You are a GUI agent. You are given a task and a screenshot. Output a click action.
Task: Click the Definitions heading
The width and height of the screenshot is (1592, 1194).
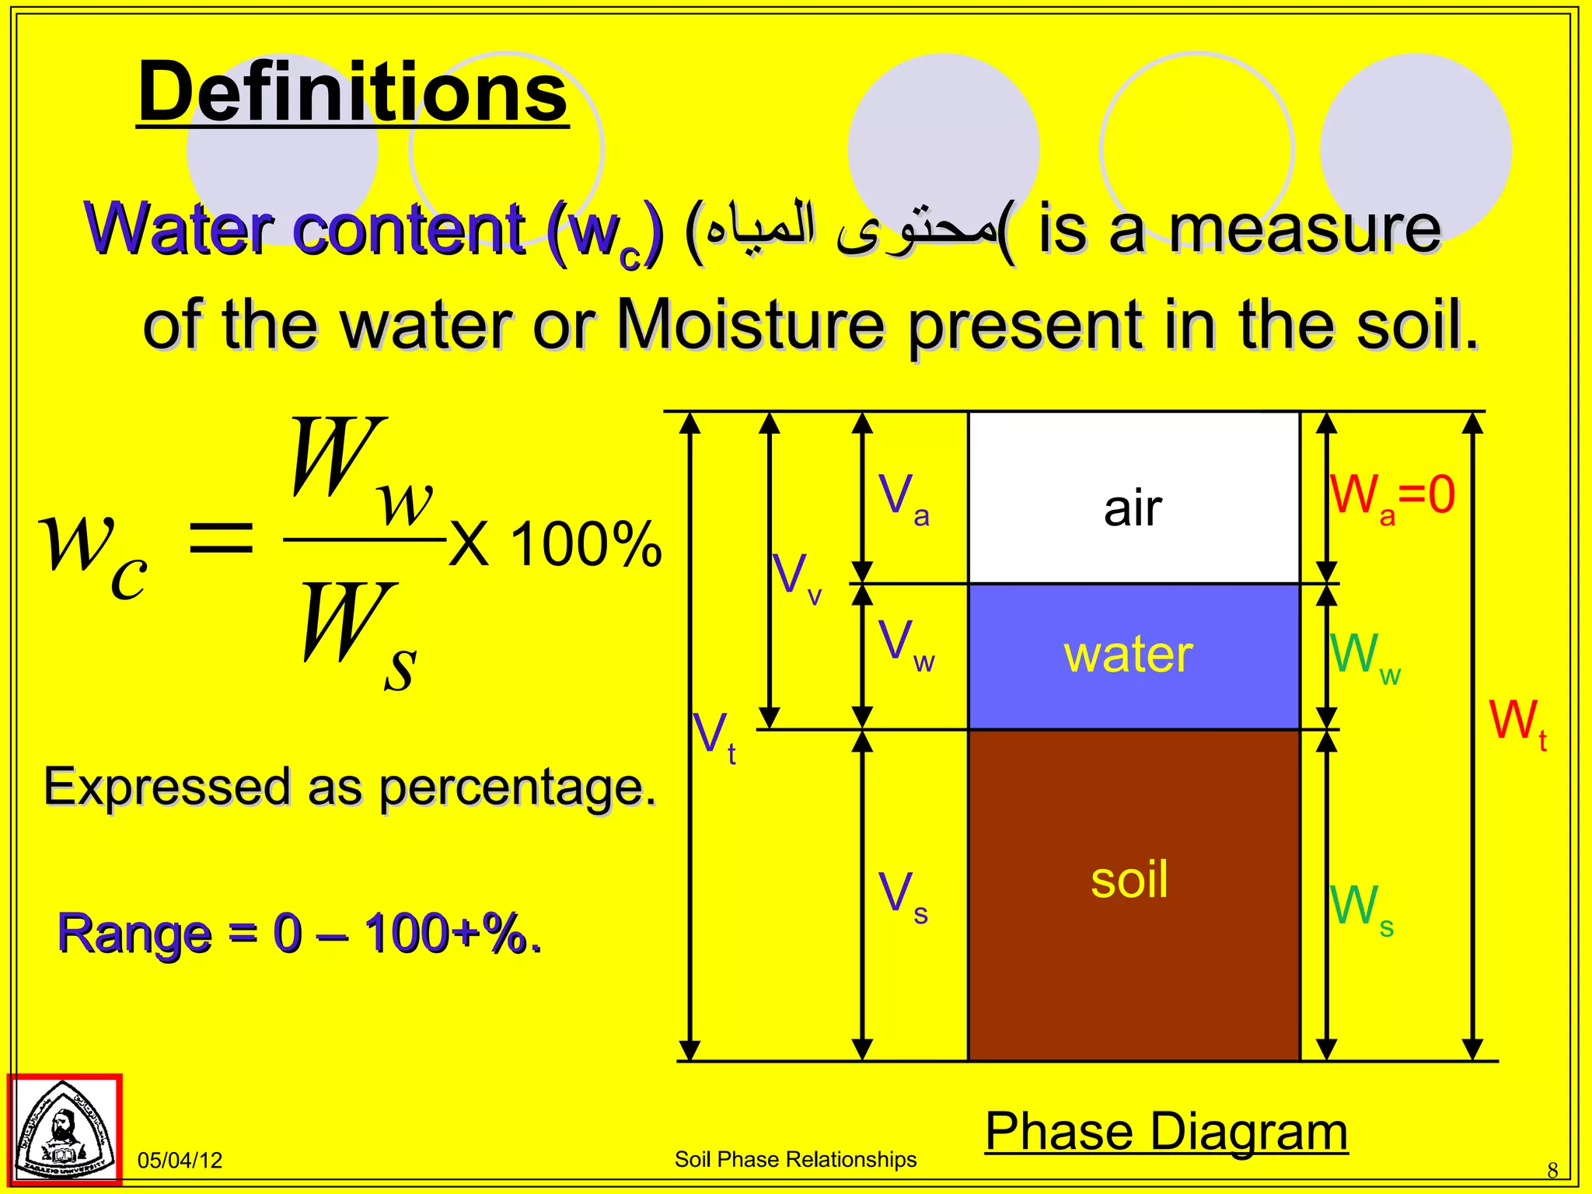(x=353, y=93)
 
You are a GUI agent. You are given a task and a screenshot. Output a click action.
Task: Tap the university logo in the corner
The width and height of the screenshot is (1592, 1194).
(x=65, y=1130)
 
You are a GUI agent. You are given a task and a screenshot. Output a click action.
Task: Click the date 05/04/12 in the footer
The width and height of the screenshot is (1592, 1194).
(x=180, y=1161)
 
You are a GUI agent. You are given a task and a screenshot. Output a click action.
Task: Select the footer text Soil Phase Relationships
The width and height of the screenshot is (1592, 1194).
(x=795, y=1159)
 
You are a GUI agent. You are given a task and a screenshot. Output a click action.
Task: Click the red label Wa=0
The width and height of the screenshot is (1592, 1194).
(x=1391, y=496)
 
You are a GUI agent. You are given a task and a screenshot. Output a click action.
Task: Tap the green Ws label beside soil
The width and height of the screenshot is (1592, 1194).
(x=1361, y=907)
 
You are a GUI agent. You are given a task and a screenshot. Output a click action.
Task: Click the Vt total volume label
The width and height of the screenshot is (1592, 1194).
(x=714, y=735)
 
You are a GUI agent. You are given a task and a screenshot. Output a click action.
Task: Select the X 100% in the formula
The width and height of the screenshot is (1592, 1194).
(x=555, y=544)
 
